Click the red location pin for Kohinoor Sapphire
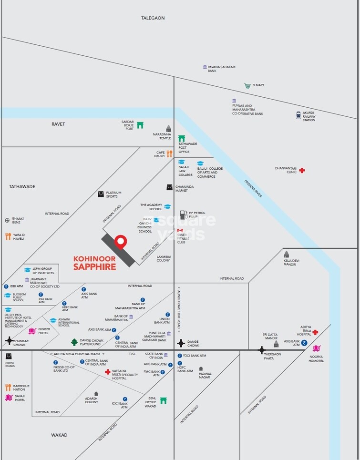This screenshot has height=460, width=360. click(x=121, y=241)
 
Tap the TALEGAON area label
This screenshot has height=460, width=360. click(x=153, y=18)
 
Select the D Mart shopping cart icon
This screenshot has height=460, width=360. click(x=247, y=86)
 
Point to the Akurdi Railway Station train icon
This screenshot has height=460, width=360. click(x=298, y=115)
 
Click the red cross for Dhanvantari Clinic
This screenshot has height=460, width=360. click(x=302, y=170)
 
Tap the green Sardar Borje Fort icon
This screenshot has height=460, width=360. click(x=140, y=125)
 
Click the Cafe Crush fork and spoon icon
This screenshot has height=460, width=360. click(x=169, y=154)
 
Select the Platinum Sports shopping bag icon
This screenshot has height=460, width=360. click(x=101, y=194)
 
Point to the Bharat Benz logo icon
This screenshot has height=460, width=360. click(x=7, y=220)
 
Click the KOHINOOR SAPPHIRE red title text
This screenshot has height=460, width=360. click(x=94, y=263)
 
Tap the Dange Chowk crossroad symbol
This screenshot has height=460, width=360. click(x=181, y=343)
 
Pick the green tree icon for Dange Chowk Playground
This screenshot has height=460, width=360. click(x=74, y=342)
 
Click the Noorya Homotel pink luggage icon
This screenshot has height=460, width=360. click(x=316, y=349)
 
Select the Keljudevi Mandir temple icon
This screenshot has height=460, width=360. click(x=287, y=255)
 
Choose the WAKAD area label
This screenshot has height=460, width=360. click(x=59, y=435)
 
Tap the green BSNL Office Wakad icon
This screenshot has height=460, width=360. click(x=164, y=400)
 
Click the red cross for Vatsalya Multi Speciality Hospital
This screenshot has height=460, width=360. click(x=108, y=372)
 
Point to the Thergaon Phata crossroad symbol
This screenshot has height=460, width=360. click(x=261, y=350)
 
